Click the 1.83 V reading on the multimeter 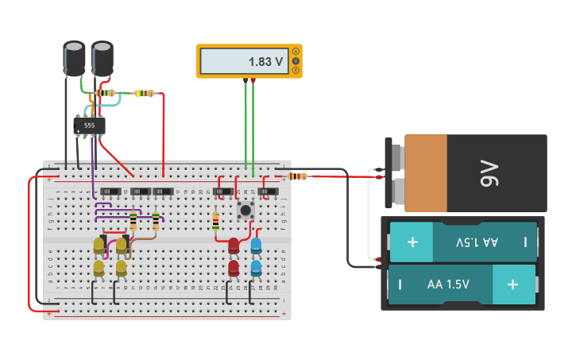(x=265, y=62)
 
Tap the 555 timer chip (x=89, y=126)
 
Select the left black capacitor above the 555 (x=74, y=58)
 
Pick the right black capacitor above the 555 (x=102, y=58)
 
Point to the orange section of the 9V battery (x=425, y=173)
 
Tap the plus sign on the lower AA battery (x=512, y=284)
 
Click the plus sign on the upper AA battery (x=412, y=242)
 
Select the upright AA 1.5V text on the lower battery (x=448, y=284)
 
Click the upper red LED (x=234, y=246)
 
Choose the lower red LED (x=234, y=269)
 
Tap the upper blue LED (x=256, y=246)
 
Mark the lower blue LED (x=256, y=269)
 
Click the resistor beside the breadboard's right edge (x=298, y=176)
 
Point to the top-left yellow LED (x=99, y=246)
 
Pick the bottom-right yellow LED (x=122, y=269)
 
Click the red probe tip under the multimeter (x=253, y=81)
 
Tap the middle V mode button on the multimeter (x=296, y=61)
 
